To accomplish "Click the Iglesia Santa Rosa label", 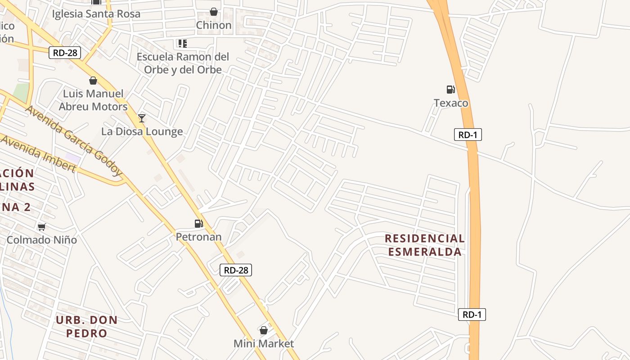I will [96, 14].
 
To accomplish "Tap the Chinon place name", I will [214, 25].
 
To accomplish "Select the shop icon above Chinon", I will [214, 12].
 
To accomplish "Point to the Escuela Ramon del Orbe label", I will [183, 63].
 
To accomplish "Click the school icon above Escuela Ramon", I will [182, 44].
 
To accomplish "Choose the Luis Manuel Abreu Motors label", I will [93, 100].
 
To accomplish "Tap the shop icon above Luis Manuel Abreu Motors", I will [93, 81].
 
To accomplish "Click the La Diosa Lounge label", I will [142, 131].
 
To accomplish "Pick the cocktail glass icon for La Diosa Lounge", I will [142, 118].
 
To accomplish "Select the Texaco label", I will [451, 103].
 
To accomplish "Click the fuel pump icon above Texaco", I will [450, 90].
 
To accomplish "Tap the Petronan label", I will [198, 237].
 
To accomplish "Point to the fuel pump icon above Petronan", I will [198, 223].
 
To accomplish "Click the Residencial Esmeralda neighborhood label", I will [425, 245].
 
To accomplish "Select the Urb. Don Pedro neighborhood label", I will [87, 327].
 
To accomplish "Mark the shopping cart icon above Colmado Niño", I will [42, 227].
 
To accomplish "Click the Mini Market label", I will [264, 344].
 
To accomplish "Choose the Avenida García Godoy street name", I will [74, 140].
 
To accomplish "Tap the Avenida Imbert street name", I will [39, 153].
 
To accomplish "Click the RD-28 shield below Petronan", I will [236, 270].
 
